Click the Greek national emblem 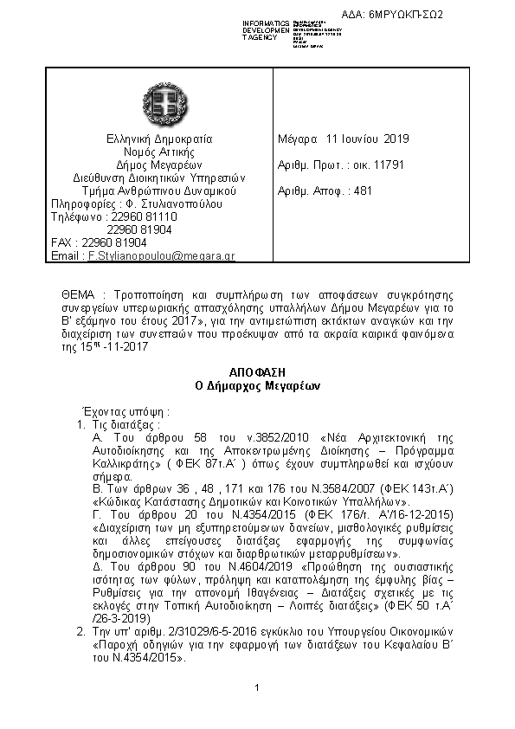coord(159,103)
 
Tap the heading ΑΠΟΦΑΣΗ coord(256,370)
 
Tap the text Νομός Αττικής coord(159,152)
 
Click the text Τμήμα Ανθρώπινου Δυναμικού coord(159,190)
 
